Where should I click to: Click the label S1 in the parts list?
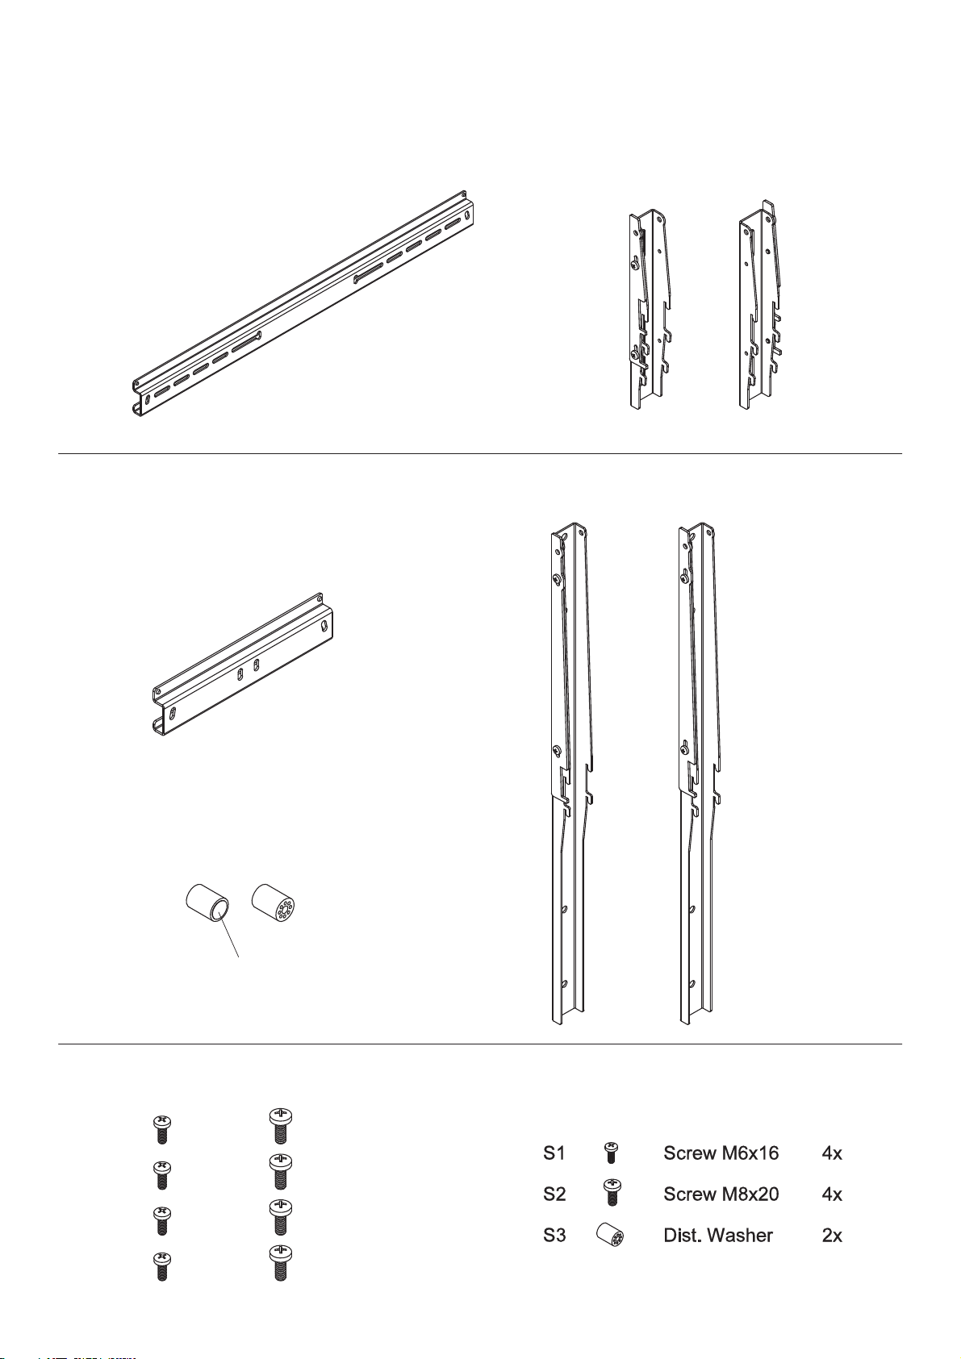pyautogui.click(x=554, y=1153)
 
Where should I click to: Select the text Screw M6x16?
pyautogui.click(x=721, y=1153)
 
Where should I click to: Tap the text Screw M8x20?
pyautogui.click(x=721, y=1194)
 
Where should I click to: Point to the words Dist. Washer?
pyautogui.click(x=717, y=1236)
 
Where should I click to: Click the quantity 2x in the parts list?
pyautogui.click(x=832, y=1236)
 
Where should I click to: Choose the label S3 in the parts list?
pyautogui.click(x=554, y=1236)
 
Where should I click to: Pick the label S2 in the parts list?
pyautogui.click(x=554, y=1194)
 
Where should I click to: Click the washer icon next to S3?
pyautogui.click(x=610, y=1235)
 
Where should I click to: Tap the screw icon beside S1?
pyautogui.click(x=611, y=1152)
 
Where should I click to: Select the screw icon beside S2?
pyautogui.click(x=611, y=1192)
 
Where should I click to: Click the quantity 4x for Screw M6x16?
pyautogui.click(x=832, y=1153)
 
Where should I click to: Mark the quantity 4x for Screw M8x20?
pyautogui.click(x=832, y=1194)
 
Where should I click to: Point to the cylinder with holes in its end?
pyautogui.click(x=276, y=903)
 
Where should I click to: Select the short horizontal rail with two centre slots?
pyautogui.click(x=242, y=665)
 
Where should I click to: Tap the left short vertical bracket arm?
pyautogui.click(x=650, y=310)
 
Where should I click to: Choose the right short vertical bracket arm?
pyautogui.click(x=760, y=305)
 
